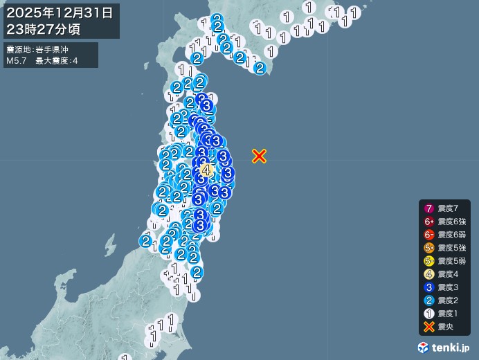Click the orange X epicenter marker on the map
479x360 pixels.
259,156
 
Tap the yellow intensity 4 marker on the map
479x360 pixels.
206,170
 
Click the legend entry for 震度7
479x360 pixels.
444,208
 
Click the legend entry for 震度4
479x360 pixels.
444,274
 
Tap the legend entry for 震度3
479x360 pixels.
444,287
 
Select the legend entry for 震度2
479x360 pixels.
444,300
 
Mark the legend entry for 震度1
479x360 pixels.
444,314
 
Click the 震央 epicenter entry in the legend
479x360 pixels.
444,327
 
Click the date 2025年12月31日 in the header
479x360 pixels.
62,12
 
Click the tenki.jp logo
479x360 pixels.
443,347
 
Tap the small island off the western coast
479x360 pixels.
110,244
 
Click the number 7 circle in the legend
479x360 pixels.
429,208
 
